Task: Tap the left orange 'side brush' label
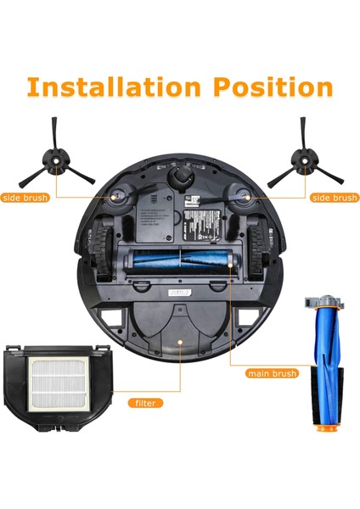25,198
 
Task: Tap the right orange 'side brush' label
334,198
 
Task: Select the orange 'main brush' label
272,372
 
